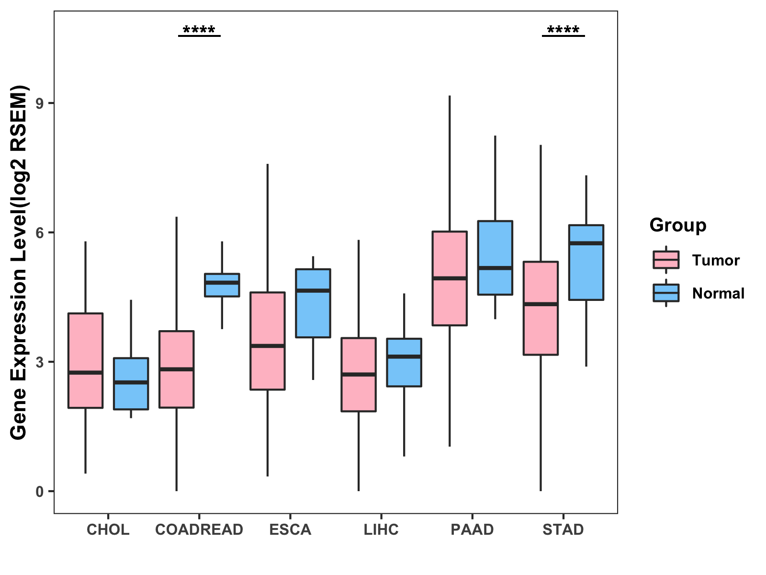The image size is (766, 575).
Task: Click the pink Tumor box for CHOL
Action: [86, 360]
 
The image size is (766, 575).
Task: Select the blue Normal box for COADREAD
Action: [222, 285]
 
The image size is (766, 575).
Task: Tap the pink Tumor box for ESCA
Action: [268, 341]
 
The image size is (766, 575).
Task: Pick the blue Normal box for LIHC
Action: [404, 362]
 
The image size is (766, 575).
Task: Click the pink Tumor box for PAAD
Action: [450, 278]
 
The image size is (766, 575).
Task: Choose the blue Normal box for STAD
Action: [586, 262]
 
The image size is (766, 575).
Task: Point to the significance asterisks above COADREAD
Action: [199, 29]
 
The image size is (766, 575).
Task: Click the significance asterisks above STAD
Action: [563, 29]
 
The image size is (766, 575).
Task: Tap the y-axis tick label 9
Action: [40, 103]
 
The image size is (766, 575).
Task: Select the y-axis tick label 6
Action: [40, 233]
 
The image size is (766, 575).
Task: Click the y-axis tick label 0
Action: [40, 492]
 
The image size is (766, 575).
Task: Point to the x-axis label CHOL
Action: [108, 529]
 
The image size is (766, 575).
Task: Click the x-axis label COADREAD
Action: [199, 529]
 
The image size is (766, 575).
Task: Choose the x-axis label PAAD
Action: [472, 529]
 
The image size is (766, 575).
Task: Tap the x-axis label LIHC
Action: [381, 529]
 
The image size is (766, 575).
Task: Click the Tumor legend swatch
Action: [666, 260]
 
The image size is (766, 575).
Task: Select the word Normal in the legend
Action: [718, 293]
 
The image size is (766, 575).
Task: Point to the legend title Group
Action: [678, 225]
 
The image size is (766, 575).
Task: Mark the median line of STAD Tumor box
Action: [541, 304]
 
